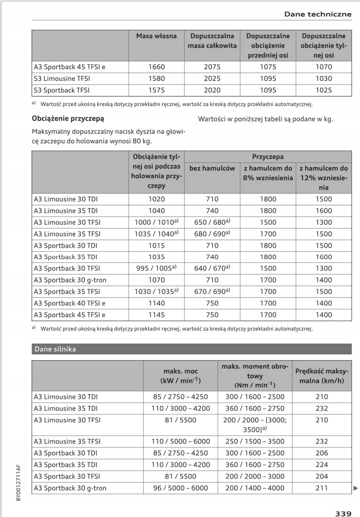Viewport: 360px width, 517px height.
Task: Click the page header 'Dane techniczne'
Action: [x=317, y=14]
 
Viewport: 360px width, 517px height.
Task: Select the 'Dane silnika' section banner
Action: [x=55, y=349]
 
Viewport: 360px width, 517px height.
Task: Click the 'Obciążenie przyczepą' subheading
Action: [x=67, y=119]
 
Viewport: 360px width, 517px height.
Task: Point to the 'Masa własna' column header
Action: [x=156, y=36]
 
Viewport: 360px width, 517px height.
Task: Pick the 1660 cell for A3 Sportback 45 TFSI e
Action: [x=156, y=67]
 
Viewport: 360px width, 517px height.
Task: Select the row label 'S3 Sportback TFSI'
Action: [x=62, y=90]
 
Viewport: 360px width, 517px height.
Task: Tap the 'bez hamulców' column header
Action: [x=212, y=169]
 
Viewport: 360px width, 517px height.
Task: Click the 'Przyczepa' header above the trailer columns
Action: [x=268, y=157]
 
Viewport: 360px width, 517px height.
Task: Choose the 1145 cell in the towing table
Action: [x=156, y=315]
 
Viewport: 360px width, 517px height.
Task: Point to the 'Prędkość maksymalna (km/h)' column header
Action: [x=321, y=375]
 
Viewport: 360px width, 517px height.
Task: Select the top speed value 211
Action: [x=321, y=488]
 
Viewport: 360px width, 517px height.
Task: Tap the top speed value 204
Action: [x=321, y=477]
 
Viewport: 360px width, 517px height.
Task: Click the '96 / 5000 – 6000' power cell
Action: [x=180, y=488]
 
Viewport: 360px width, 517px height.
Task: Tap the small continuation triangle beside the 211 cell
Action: [x=355, y=488]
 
